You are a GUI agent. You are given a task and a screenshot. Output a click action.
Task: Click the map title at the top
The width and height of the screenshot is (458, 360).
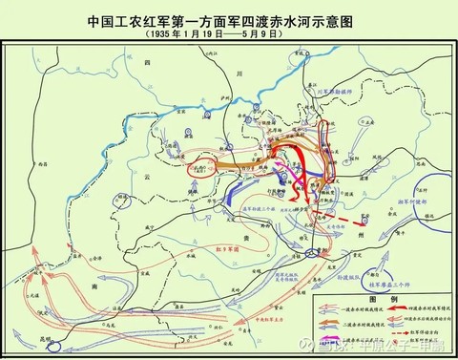[228, 18]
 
